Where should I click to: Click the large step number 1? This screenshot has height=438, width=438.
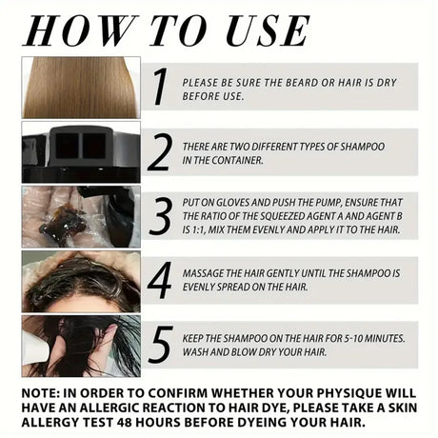[x=160, y=87]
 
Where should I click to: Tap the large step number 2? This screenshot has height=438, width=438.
[x=160, y=151]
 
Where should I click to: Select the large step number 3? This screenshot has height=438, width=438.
[x=161, y=216]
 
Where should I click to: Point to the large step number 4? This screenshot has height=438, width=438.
[x=160, y=280]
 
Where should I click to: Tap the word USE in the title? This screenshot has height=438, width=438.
[x=268, y=30]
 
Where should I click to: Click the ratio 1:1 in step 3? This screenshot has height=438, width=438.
[x=198, y=229]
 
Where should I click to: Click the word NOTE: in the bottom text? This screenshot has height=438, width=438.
[x=41, y=393]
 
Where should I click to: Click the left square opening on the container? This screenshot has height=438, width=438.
[x=68, y=146]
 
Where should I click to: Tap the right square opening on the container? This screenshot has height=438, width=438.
[x=94, y=146]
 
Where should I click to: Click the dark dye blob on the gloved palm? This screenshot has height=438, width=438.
[x=63, y=223]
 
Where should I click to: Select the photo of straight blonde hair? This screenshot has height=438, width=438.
[x=81, y=88]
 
